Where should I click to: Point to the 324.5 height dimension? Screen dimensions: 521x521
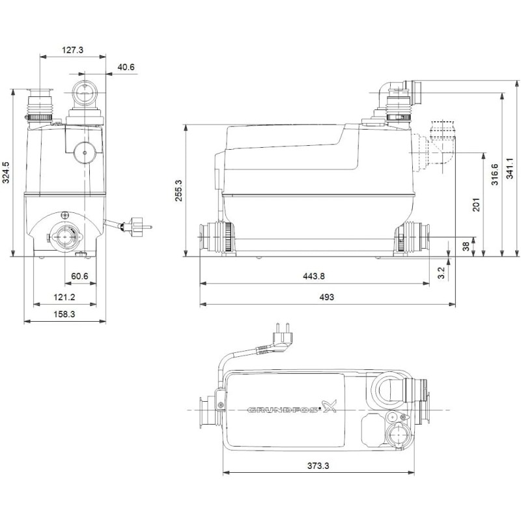point(6,173)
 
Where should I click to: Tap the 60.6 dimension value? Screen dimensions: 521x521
point(79,277)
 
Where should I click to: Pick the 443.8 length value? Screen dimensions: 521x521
point(313,276)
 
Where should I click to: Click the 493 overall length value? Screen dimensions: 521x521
point(326,296)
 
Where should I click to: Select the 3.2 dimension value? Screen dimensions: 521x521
point(441,270)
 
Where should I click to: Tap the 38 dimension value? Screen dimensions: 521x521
point(465,246)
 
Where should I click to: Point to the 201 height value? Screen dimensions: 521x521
point(476,204)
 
